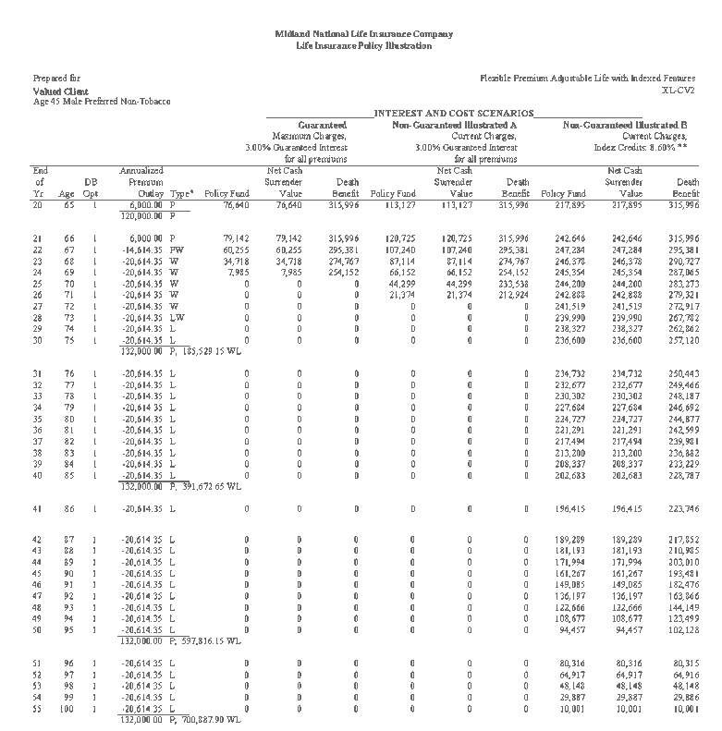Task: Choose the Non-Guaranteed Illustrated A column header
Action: coord(454,124)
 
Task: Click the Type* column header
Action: coord(182,194)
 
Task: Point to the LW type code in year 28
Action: coord(177,317)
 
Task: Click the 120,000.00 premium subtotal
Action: coord(141,215)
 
